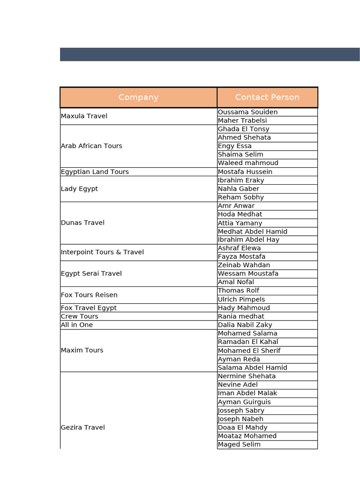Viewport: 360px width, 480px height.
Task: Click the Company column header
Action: [x=138, y=97]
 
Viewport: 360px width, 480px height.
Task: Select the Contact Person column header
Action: [x=267, y=97]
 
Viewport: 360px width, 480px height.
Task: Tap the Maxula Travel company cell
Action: [x=84, y=116]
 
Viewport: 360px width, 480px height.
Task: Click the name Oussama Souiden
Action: [x=247, y=112]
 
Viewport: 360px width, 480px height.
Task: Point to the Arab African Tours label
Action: [x=91, y=146]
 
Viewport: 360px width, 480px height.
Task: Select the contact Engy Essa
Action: [x=235, y=146]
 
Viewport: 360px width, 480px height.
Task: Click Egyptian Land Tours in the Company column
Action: [x=95, y=172]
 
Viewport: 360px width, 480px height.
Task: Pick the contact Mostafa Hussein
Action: [x=245, y=172]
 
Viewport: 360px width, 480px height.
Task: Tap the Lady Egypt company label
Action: [x=80, y=189]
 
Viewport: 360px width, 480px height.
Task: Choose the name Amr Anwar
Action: [x=236, y=206]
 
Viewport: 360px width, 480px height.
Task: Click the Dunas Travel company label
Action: [x=83, y=223]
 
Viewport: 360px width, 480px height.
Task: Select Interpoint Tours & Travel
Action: [x=102, y=252]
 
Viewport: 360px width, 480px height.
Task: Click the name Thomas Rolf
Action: [x=239, y=291]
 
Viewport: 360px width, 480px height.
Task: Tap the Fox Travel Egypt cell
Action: [x=89, y=308]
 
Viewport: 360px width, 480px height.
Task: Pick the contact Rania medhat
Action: [x=241, y=316]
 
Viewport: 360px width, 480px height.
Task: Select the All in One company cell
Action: [x=77, y=325]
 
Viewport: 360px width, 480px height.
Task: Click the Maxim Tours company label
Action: [x=82, y=351]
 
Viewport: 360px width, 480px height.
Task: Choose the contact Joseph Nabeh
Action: [x=240, y=419]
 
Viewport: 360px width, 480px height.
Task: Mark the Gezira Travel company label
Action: [x=83, y=427]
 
